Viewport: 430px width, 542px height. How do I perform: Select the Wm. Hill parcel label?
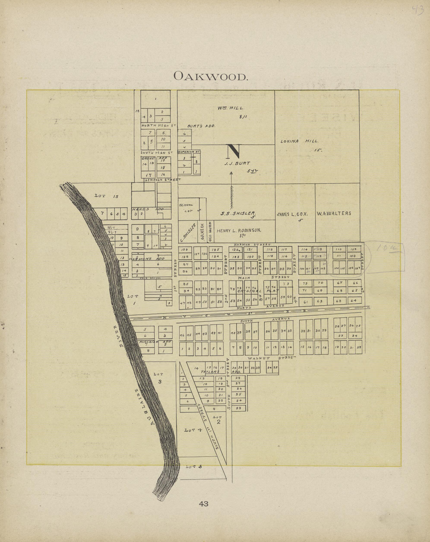[x=231, y=108]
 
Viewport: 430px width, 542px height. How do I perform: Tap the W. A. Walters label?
[x=334, y=213]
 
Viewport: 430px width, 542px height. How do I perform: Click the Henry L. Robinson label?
[x=239, y=230]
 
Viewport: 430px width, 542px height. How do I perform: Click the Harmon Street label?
[x=252, y=244]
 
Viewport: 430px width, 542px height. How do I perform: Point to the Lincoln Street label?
[x=163, y=180]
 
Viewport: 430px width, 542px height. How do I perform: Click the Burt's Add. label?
[x=201, y=126]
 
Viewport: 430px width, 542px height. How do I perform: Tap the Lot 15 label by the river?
[x=106, y=196]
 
